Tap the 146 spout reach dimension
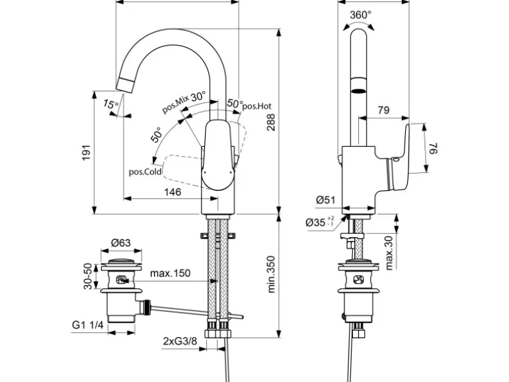pyautogui.click(x=172, y=192)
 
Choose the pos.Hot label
pyautogui.click(x=257, y=105)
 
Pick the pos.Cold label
pyautogui.click(x=144, y=171)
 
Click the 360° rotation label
pyautogui.click(x=361, y=15)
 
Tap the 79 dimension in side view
pyautogui.click(x=382, y=110)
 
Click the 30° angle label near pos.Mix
pyautogui.click(x=198, y=95)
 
